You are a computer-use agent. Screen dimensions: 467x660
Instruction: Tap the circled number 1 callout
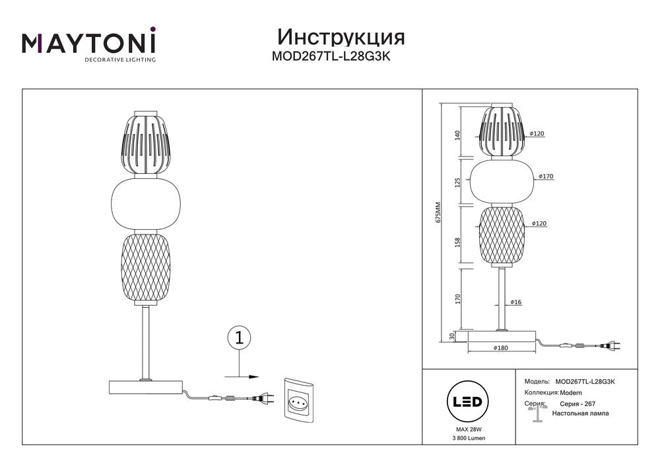(239, 338)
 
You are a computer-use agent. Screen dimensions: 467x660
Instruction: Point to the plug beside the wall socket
(263, 398)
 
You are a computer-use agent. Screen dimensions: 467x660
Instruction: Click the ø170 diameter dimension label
(546, 176)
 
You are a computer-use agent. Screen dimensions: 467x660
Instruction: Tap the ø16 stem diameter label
(516, 302)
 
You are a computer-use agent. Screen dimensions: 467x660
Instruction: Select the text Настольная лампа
(581, 413)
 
